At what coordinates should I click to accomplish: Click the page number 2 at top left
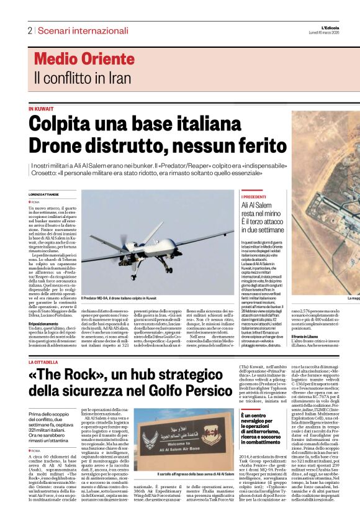click(x=29, y=30)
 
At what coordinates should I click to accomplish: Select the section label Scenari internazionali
click(x=83, y=30)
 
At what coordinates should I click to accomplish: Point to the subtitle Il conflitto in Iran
click(x=83, y=78)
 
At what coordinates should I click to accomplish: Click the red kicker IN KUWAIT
click(x=41, y=109)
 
